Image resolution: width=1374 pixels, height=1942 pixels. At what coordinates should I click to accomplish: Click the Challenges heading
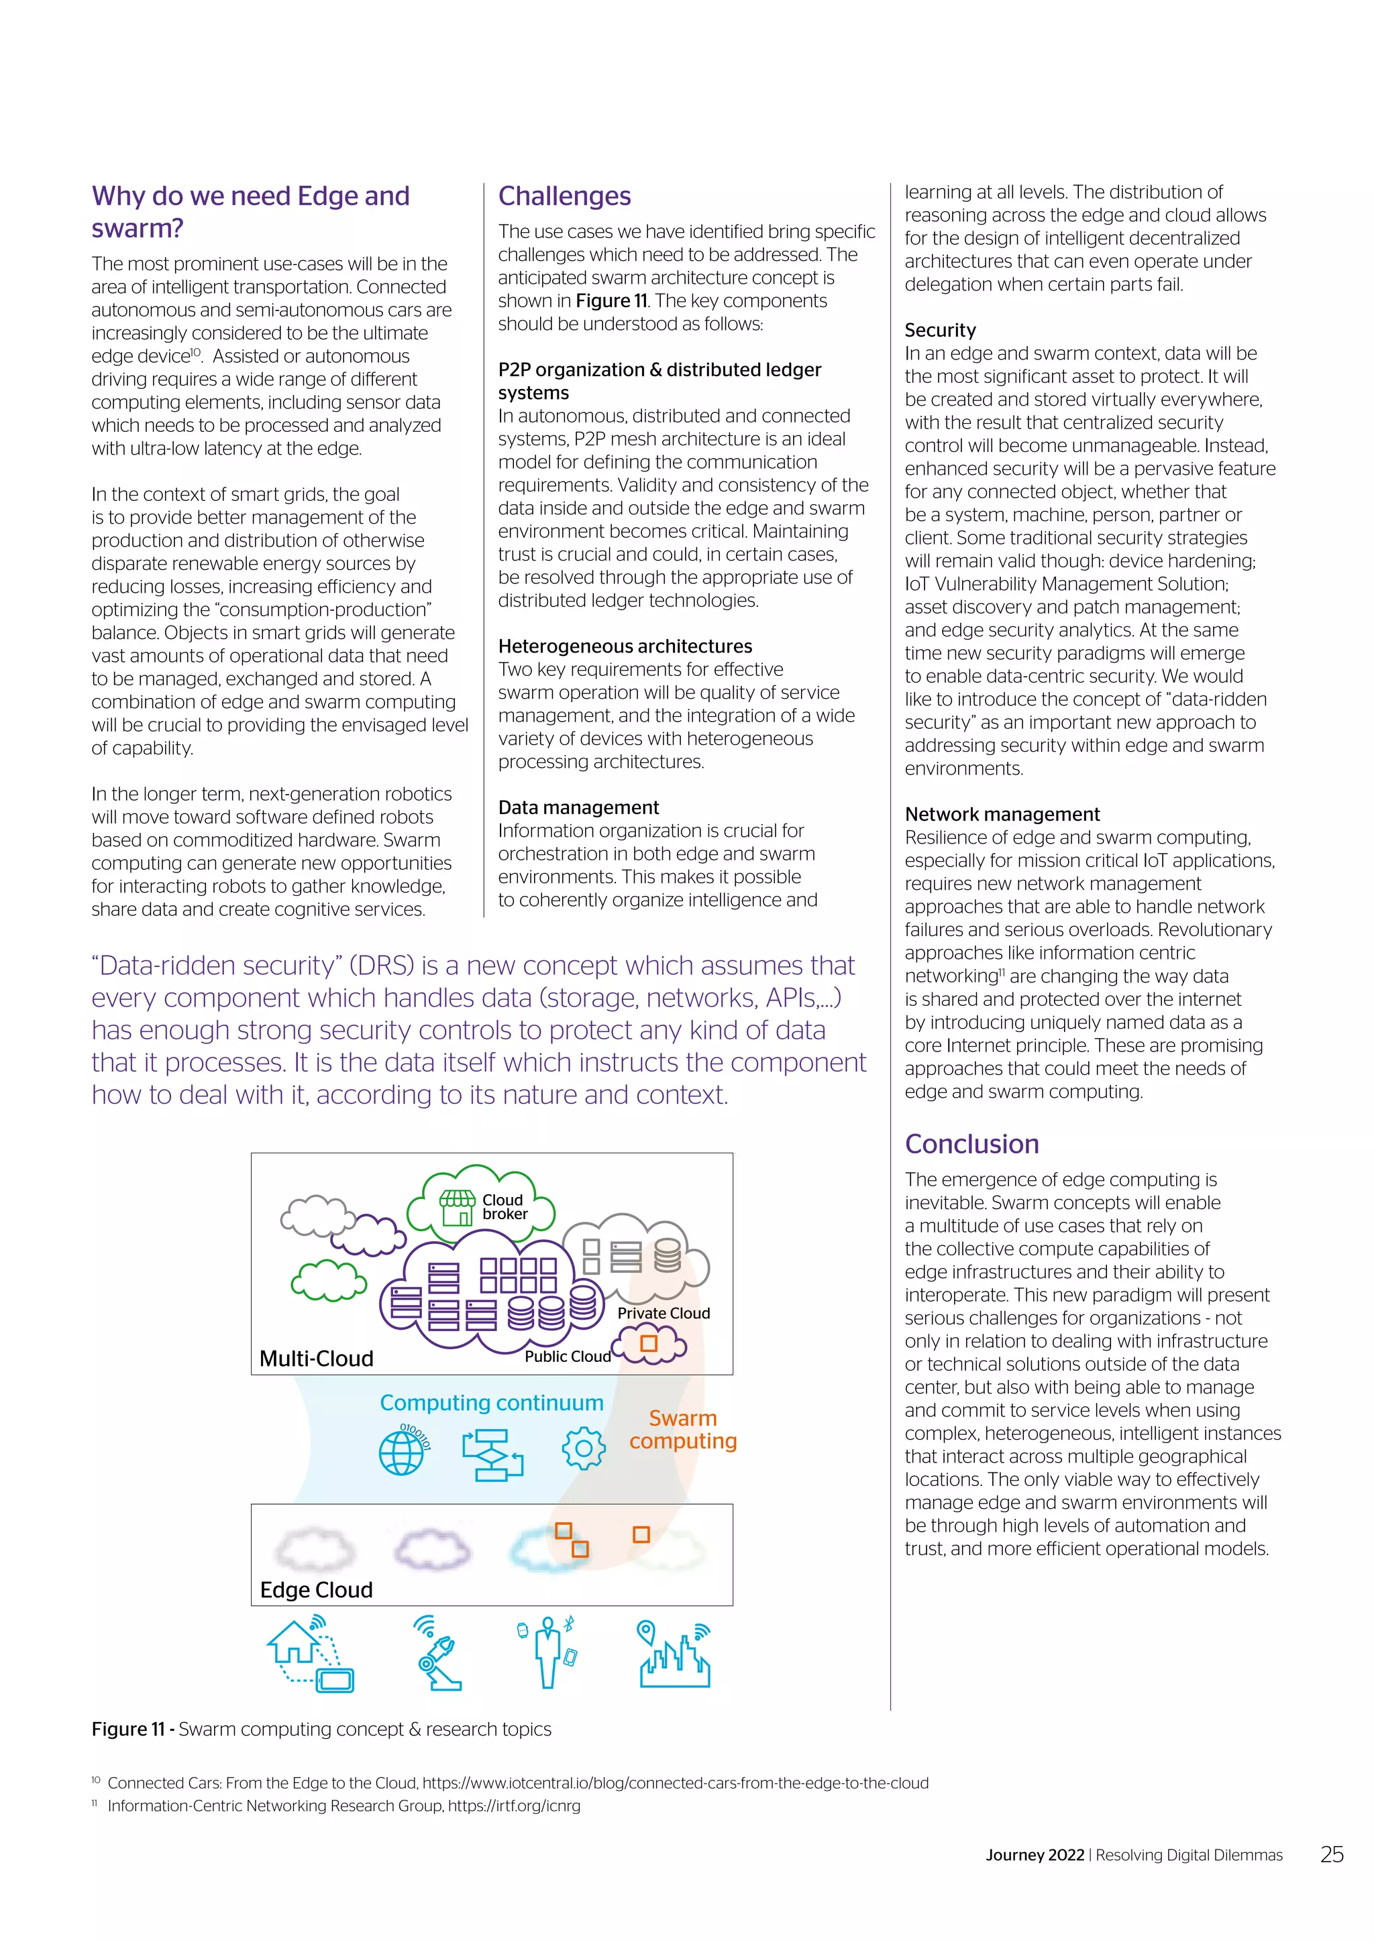coord(564,196)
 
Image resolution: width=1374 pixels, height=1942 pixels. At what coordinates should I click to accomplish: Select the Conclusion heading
coord(971,1145)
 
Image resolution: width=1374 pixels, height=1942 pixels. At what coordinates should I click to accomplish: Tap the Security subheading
coord(940,330)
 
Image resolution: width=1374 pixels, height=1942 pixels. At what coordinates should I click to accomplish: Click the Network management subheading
coord(1002,815)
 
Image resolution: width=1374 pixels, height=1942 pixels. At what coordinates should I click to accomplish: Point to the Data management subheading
coord(578,808)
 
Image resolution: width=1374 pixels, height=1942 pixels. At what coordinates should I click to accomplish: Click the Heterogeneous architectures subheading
coord(625,646)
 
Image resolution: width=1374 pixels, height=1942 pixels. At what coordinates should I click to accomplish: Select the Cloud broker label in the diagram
coord(505,1207)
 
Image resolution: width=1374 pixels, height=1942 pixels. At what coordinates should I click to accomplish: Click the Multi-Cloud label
coord(317,1359)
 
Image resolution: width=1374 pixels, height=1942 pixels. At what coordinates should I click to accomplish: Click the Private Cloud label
coord(664,1314)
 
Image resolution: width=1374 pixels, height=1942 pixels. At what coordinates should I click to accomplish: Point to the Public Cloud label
coord(567,1357)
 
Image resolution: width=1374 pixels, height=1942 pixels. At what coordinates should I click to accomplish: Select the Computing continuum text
coord(492,1404)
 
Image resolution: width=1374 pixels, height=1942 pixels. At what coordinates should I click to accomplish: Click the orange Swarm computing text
coord(683,1430)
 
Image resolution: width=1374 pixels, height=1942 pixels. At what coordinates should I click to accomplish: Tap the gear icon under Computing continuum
coord(583,1449)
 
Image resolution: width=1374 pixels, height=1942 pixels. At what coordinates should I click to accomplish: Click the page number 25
coord(1332,1855)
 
